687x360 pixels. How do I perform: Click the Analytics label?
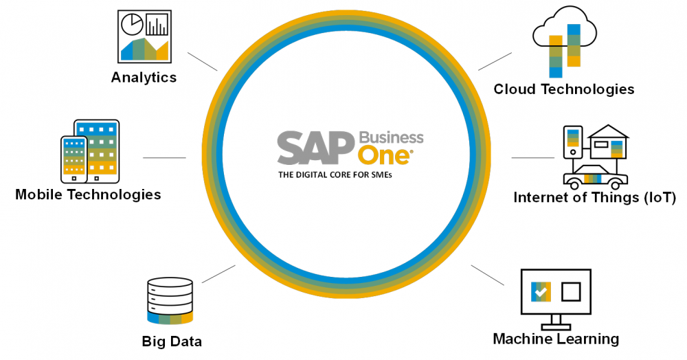click(144, 78)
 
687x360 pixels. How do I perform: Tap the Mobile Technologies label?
click(88, 194)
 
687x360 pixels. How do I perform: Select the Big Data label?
click(172, 341)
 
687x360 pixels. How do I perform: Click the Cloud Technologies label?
click(564, 89)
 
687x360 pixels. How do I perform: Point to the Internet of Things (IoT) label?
click(595, 199)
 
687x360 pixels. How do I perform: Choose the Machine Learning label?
click(556, 339)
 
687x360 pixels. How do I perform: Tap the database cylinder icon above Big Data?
click(170, 301)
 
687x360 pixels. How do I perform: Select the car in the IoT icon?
click(595, 178)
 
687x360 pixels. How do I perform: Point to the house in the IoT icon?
click(608, 144)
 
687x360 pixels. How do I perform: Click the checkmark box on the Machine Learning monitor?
click(541, 292)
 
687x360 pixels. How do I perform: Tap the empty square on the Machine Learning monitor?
click(572, 292)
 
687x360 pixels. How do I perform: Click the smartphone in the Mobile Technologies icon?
click(74, 158)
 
